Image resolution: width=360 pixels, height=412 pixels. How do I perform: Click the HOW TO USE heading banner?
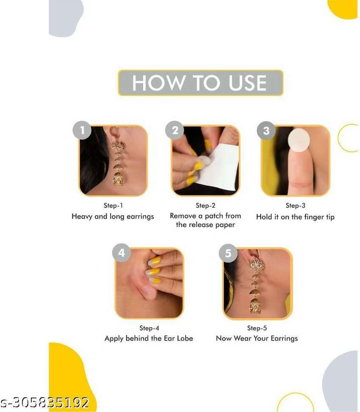click(x=201, y=83)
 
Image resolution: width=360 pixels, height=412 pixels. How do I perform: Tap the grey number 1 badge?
click(x=82, y=130)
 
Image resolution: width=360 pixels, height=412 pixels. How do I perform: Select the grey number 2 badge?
click(x=174, y=130)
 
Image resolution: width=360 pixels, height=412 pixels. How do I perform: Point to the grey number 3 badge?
click(x=266, y=131)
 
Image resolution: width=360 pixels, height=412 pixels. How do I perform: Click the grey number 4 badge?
click(x=122, y=253)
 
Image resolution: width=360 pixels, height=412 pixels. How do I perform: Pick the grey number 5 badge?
click(x=228, y=253)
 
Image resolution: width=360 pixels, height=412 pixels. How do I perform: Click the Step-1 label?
click(x=113, y=206)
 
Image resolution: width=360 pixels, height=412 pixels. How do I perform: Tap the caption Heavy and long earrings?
click(x=113, y=217)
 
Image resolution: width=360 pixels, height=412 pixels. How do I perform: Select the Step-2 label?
click(x=205, y=206)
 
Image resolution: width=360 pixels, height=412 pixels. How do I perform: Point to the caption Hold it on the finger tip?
click(x=295, y=217)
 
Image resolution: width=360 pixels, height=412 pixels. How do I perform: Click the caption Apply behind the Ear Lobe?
click(x=149, y=338)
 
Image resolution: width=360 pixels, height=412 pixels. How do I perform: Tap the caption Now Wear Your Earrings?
click(x=257, y=338)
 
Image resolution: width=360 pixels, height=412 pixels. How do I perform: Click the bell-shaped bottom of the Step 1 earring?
click(x=119, y=178)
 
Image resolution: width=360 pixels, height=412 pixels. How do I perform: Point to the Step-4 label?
click(x=149, y=328)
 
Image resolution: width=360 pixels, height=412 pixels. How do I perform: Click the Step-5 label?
click(x=257, y=328)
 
